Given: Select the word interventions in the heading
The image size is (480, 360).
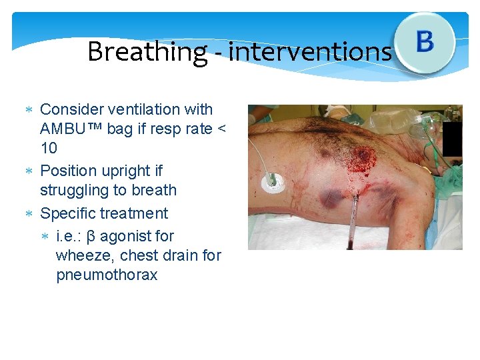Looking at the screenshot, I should click(310, 52).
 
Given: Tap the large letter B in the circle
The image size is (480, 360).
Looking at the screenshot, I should click(425, 42).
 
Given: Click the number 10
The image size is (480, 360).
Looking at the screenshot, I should click(49, 148).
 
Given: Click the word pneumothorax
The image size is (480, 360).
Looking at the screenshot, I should click(107, 275).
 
